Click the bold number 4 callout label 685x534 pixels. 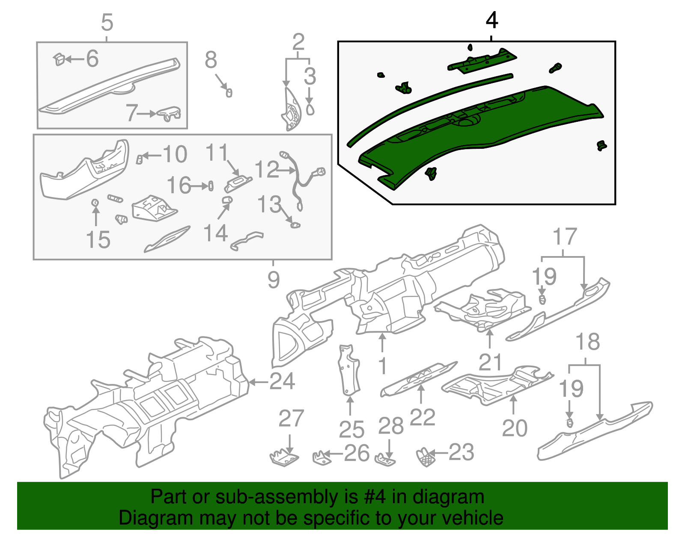click(x=492, y=21)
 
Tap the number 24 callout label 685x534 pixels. click(x=282, y=381)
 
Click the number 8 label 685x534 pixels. click(x=211, y=60)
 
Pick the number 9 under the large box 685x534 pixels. click(x=274, y=280)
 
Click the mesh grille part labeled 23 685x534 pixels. click(x=426, y=457)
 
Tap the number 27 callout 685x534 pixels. click(x=291, y=419)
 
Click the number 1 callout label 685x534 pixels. click(x=382, y=366)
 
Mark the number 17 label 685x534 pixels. click(x=565, y=237)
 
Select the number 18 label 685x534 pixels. click(x=587, y=342)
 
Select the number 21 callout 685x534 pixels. click(x=490, y=362)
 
